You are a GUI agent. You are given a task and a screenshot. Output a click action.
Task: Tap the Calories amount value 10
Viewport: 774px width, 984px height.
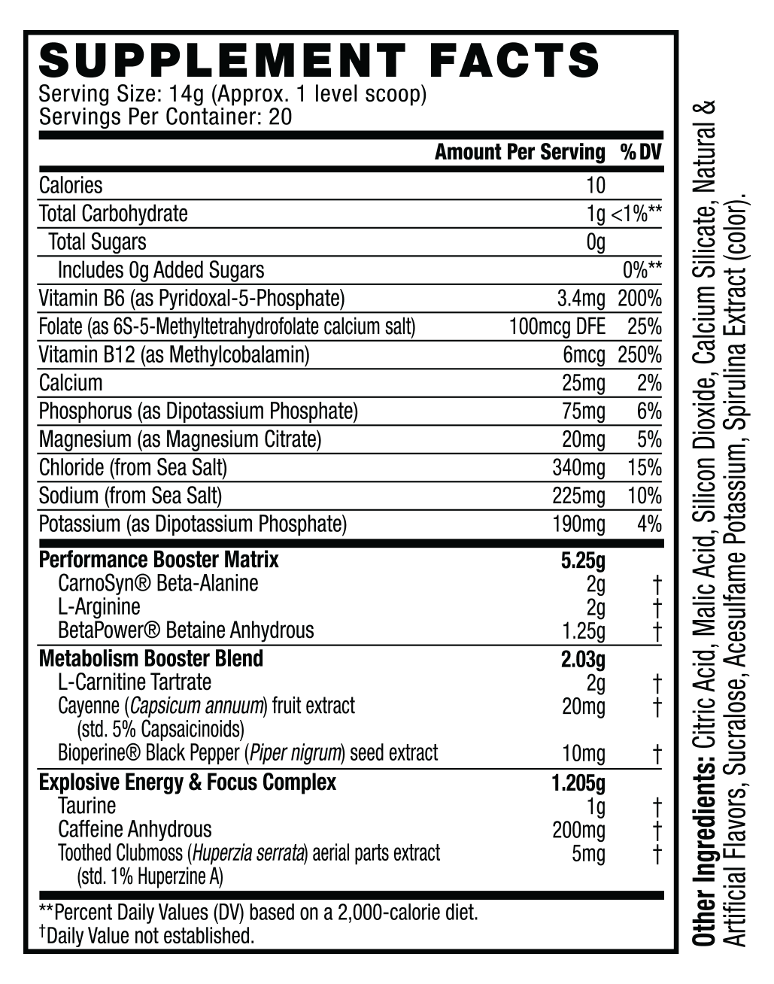tap(595, 185)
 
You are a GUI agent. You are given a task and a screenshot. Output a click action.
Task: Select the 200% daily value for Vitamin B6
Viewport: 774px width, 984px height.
tap(639, 299)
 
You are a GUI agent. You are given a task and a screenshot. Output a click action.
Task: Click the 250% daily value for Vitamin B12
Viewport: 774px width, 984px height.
tap(639, 354)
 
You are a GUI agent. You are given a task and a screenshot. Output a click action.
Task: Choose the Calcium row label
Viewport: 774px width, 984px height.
tap(71, 383)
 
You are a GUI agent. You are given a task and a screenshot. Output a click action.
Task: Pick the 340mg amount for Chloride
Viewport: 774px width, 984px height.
tap(578, 468)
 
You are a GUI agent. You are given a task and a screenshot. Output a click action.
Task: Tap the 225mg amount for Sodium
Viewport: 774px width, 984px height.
tap(578, 496)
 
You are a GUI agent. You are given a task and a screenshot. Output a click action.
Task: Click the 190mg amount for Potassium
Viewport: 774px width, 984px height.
tap(578, 524)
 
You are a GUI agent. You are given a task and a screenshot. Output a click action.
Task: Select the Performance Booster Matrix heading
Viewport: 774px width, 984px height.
tap(159, 560)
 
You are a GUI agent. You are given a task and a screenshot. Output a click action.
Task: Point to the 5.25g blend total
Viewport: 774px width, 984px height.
tap(583, 560)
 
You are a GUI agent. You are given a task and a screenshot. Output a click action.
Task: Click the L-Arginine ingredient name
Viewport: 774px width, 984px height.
tap(99, 607)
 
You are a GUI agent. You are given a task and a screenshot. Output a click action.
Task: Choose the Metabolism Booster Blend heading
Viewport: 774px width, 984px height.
tap(151, 659)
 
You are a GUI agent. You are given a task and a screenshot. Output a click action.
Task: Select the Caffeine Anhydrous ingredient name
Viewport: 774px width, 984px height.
tap(135, 830)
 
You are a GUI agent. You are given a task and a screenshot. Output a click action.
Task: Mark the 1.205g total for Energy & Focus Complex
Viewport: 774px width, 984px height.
tap(578, 783)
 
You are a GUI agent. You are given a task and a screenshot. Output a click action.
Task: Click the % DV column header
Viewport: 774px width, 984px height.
tap(640, 153)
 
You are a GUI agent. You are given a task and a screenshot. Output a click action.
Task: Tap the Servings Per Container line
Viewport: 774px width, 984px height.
tap(165, 117)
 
